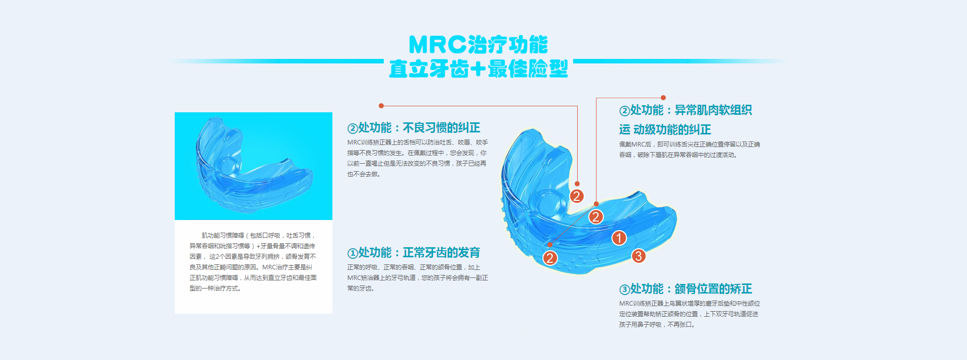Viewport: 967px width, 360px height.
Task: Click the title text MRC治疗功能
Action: pos(478,45)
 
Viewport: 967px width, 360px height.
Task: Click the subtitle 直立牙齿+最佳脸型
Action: pos(478,68)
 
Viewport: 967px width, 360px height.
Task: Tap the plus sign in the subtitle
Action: pos(478,69)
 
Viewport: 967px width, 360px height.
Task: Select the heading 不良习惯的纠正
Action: pos(441,128)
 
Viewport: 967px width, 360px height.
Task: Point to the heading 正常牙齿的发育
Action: pos(441,253)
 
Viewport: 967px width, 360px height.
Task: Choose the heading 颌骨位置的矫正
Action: pos(713,289)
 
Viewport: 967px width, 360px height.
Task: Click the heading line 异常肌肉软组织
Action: pos(713,110)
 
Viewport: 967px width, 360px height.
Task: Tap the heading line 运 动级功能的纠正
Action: pos(665,130)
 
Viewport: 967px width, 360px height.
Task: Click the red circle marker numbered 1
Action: pos(619,238)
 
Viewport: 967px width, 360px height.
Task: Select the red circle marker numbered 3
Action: pos(638,256)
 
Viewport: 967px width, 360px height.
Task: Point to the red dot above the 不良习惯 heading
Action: pos(381,106)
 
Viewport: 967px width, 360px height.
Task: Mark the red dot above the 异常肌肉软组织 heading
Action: pos(663,98)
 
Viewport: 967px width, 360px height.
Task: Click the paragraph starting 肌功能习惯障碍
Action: pos(253,262)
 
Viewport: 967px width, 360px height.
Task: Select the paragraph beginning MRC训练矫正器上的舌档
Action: pos(418,158)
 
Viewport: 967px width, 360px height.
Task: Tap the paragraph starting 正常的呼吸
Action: pos(418,278)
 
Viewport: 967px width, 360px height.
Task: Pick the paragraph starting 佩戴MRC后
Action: pos(689,150)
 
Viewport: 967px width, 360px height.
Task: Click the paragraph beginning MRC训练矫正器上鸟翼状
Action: pos(689,314)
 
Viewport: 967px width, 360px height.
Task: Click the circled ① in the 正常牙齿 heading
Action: pos(353,253)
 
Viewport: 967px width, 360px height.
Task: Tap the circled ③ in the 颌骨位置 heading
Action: pos(625,290)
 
